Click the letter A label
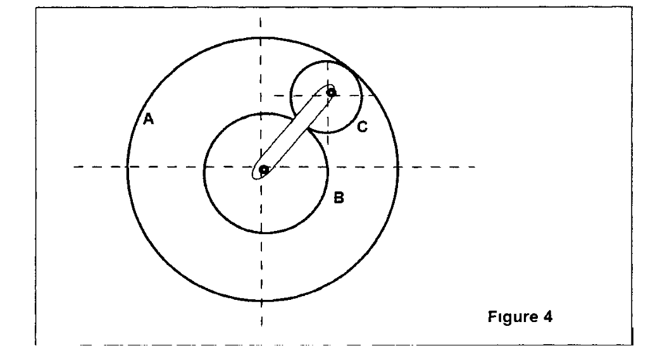pos(149,118)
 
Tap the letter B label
pos(339,198)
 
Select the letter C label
pos(362,127)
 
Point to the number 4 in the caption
pos(549,316)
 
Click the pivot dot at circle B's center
pos(263,170)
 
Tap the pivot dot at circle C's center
pos(330,92)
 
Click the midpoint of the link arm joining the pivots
pos(296,132)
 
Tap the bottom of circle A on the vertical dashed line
pos(261,301)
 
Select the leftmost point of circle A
pos(127,167)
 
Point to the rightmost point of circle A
pos(399,167)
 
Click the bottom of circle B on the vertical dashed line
pos(261,232)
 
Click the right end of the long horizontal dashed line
pos(476,167)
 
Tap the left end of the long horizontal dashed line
pos(73,167)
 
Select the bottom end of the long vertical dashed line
pos(261,326)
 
